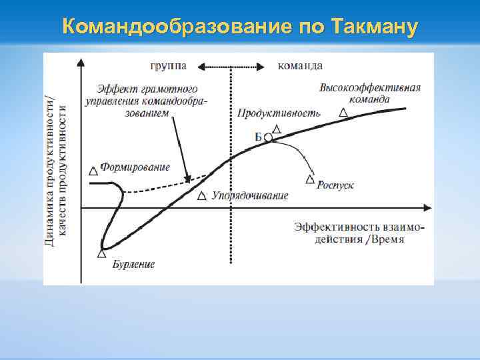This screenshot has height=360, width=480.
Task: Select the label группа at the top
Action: pos(168,65)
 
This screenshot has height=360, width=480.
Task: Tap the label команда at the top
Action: pos(300,65)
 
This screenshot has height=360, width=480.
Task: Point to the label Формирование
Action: pos(135,167)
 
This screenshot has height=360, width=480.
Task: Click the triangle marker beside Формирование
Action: pos(93,171)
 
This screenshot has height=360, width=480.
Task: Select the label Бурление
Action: pos(133,264)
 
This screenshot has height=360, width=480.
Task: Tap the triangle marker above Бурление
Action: pos(102,253)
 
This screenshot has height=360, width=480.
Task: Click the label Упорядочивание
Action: pos(250,196)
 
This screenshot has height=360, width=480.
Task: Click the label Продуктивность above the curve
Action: pos(279,113)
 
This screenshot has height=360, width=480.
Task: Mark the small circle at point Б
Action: pos(268,137)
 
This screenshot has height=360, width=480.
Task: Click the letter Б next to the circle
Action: pos(258,137)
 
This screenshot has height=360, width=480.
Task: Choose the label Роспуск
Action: pos(335,185)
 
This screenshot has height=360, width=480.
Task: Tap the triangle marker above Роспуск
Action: pos(310,179)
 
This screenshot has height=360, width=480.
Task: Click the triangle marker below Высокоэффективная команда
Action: pos(343,113)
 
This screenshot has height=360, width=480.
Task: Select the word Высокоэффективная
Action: pos(370,89)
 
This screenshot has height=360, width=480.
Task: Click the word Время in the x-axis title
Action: pos(388,239)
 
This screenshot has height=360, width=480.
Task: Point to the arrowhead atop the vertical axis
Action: pos(81,63)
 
